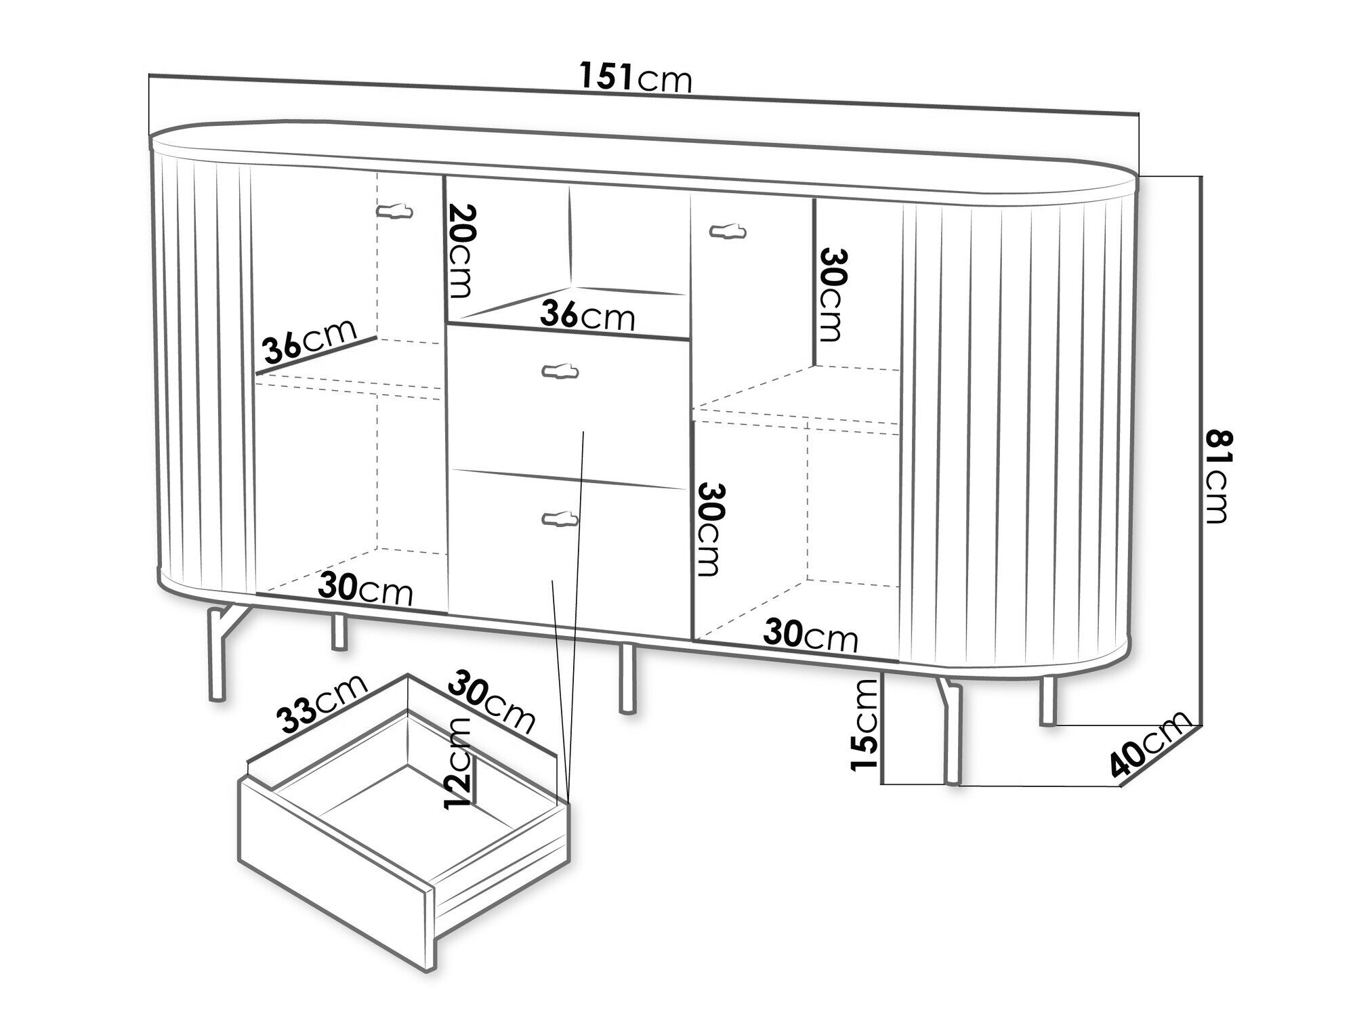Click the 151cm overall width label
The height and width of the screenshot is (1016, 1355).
click(x=637, y=77)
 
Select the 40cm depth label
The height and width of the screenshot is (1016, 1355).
click(x=1150, y=744)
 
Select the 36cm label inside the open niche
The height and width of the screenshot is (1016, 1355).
click(x=587, y=315)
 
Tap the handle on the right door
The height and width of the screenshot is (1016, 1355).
click(x=728, y=232)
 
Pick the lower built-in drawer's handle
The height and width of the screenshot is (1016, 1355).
click(x=561, y=518)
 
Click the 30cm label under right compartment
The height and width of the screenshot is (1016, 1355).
click(x=811, y=636)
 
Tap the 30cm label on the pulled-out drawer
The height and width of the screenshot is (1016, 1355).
click(x=492, y=701)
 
